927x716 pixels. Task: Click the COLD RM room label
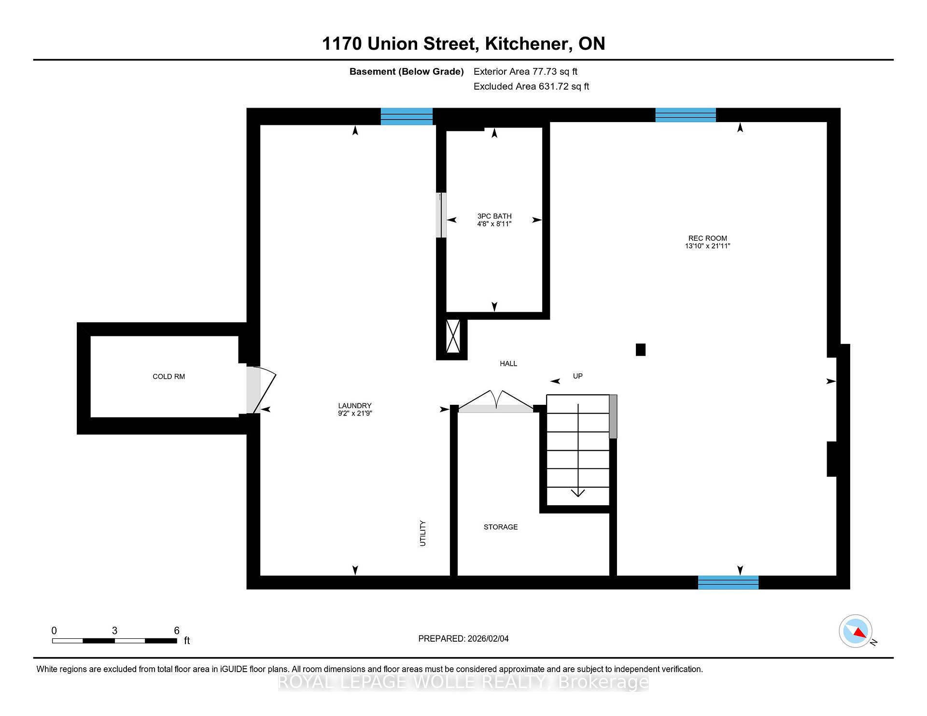[169, 376]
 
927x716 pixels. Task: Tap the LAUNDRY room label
[355, 406]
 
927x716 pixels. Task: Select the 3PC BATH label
[494, 216]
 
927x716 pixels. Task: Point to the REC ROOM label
[707, 238]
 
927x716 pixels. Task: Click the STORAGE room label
[501, 527]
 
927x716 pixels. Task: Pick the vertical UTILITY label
[423, 533]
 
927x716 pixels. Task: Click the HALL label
[508, 363]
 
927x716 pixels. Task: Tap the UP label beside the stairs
[577, 376]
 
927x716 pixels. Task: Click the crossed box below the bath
[453, 336]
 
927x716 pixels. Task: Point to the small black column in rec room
[640, 349]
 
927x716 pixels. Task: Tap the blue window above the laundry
[407, 116]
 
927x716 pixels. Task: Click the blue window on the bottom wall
[728, 582]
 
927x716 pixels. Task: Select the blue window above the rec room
[685, 115]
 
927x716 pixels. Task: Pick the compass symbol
[856, 631]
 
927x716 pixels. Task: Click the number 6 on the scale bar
[177, 631]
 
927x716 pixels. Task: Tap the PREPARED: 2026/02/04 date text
[463, 639]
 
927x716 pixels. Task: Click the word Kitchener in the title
[526, 44]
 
